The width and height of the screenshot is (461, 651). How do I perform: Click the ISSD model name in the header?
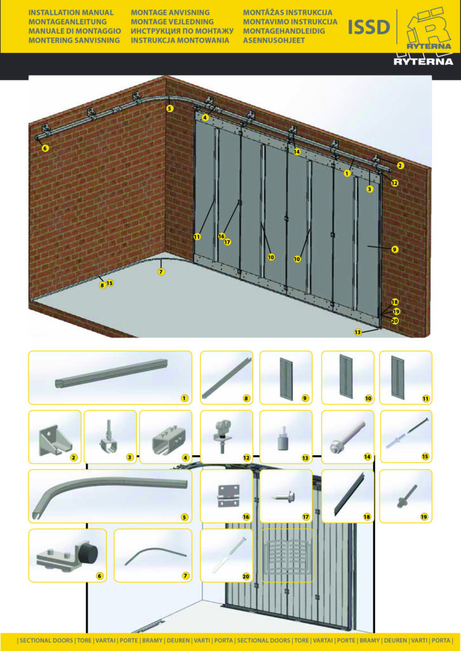click(368, 27)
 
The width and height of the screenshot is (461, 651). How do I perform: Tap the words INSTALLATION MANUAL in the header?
click(70, 13)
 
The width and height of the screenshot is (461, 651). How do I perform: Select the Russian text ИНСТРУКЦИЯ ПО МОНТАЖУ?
click(182, 31)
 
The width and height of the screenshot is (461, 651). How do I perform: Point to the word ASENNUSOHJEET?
click(274, 41)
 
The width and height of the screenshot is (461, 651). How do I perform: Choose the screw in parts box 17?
click(284, 496)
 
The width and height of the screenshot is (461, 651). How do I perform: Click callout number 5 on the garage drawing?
click(170, 108)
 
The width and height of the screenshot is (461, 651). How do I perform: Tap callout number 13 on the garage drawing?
click(357, 332)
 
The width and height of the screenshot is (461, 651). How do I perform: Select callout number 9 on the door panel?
click(395, 249)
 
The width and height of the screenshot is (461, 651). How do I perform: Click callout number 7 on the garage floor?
click(161, 271)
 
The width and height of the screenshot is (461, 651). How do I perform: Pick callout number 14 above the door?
click(297, 152)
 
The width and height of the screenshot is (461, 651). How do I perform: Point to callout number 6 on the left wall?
click(45, 148)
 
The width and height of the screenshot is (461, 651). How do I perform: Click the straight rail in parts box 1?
click(111, 373)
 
